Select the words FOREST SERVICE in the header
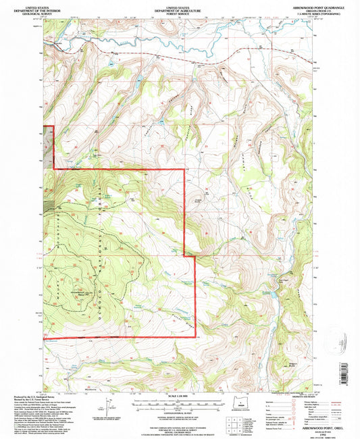(180, 12)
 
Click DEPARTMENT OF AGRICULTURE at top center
(180, 9)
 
